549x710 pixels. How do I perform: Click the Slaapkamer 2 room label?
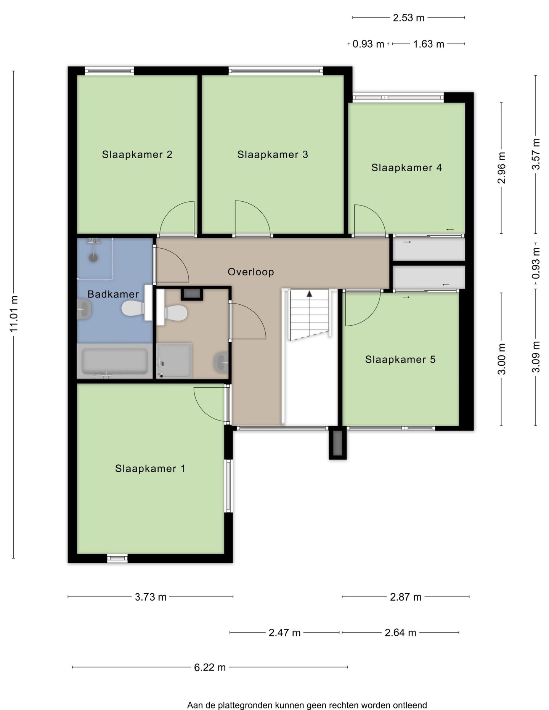[137, 154]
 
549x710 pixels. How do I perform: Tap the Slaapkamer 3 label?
[273, 154]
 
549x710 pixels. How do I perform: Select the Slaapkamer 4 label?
[406, 168]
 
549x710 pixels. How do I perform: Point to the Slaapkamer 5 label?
[400, 360]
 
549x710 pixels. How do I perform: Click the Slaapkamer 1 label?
[150, 469]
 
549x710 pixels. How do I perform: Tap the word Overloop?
[251, 272]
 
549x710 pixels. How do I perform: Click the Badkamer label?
[113, 294]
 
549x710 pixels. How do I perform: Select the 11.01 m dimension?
[14, 314]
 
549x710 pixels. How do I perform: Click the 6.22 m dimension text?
[210, 667]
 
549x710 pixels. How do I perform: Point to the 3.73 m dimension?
[151, 597]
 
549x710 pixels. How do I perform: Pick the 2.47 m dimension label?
[285, 633]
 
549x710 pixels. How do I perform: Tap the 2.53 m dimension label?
[409, 18]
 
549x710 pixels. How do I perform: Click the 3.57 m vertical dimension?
[536, 154]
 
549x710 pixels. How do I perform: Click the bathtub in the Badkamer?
[115, 361]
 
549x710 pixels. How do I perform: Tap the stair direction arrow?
[310, 294]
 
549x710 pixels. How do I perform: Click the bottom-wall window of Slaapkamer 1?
[117, 558]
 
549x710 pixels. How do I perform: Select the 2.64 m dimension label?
[400, 633]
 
